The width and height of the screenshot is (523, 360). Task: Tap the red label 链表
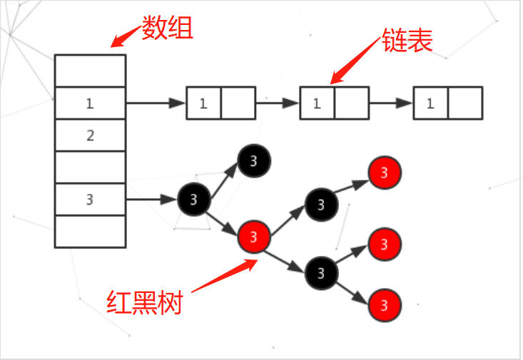407,41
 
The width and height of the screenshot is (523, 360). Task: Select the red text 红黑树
145,302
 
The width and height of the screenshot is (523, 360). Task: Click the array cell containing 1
90,103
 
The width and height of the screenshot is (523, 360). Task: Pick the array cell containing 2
90,135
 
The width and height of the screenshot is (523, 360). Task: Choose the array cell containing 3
90,200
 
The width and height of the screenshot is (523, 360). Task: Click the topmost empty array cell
90,71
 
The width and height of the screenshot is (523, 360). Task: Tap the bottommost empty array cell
90,232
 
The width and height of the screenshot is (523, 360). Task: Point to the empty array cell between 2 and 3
90,168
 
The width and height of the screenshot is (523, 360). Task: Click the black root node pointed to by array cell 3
194,199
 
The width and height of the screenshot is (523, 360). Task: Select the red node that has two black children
255,235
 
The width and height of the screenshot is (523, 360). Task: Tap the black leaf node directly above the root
253,161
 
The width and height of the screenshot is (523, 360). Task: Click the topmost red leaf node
385,173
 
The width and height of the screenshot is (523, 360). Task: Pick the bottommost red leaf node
385,306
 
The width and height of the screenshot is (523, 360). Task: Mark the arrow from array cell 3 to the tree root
151,200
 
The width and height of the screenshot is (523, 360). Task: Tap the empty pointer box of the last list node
465,103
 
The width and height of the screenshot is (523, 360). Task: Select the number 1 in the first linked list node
203,103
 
